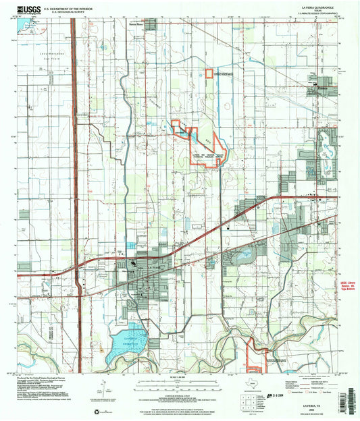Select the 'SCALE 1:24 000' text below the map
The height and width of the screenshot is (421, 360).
179,376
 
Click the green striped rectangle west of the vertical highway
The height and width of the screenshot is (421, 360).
25,215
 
